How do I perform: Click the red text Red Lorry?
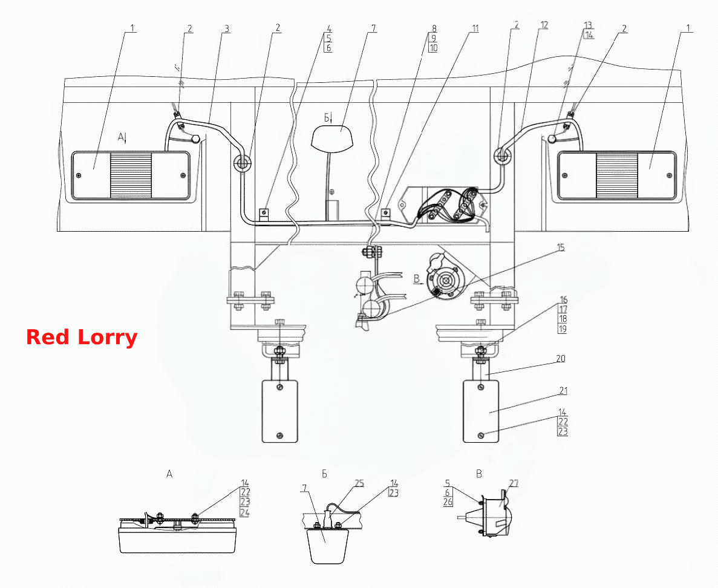82,337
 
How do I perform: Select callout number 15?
561,248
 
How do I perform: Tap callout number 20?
561,359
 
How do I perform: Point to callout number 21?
563,391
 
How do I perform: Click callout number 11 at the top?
475,28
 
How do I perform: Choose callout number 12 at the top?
544,25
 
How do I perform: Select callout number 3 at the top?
226,29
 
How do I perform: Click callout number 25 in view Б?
359,483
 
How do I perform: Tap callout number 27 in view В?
514,483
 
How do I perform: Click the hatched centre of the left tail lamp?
131,176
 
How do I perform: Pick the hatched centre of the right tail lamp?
616,176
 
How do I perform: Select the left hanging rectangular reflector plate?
279,411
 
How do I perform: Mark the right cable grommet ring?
502,156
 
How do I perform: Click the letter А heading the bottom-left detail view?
169,474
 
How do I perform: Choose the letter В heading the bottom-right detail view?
479,474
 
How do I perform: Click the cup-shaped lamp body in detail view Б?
325,546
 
